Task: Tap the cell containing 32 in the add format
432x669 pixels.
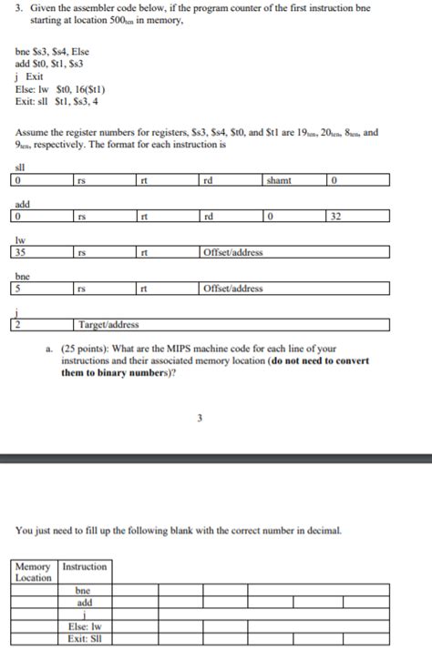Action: [x=356, y=216]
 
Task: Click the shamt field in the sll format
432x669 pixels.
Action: [x=294, y=180]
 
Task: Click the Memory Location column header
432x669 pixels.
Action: [x=35, y=572]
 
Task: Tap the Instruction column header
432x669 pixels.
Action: [x=85, y=566]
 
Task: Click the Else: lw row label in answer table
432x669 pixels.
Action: [x=85, y=626]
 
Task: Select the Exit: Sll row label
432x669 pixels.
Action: [x=85, y=638]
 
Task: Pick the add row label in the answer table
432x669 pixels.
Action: [x=85, y=602]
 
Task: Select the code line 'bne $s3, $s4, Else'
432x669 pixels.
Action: [x=50, y=54]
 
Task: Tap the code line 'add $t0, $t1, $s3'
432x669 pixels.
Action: [x=50, y=66]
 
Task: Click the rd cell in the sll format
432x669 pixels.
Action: [x=231, y=180]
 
